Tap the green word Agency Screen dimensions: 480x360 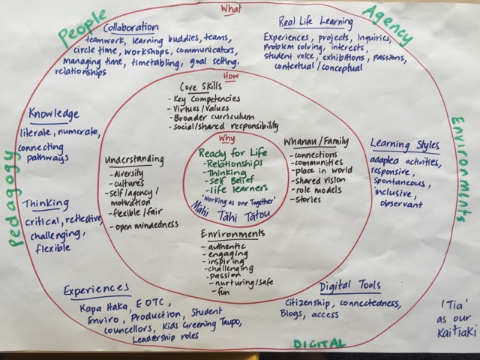pyautogui.click(x=389, y=22)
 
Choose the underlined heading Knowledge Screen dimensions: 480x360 pyautogui.click(x=54, y=114)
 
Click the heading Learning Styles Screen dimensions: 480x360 pyautogui.click(x=405, y=145)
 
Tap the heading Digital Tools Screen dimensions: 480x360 pyautogui.click(x=350, y=286)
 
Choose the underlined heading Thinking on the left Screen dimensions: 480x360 pyautogui.click(x=46, y=204)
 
